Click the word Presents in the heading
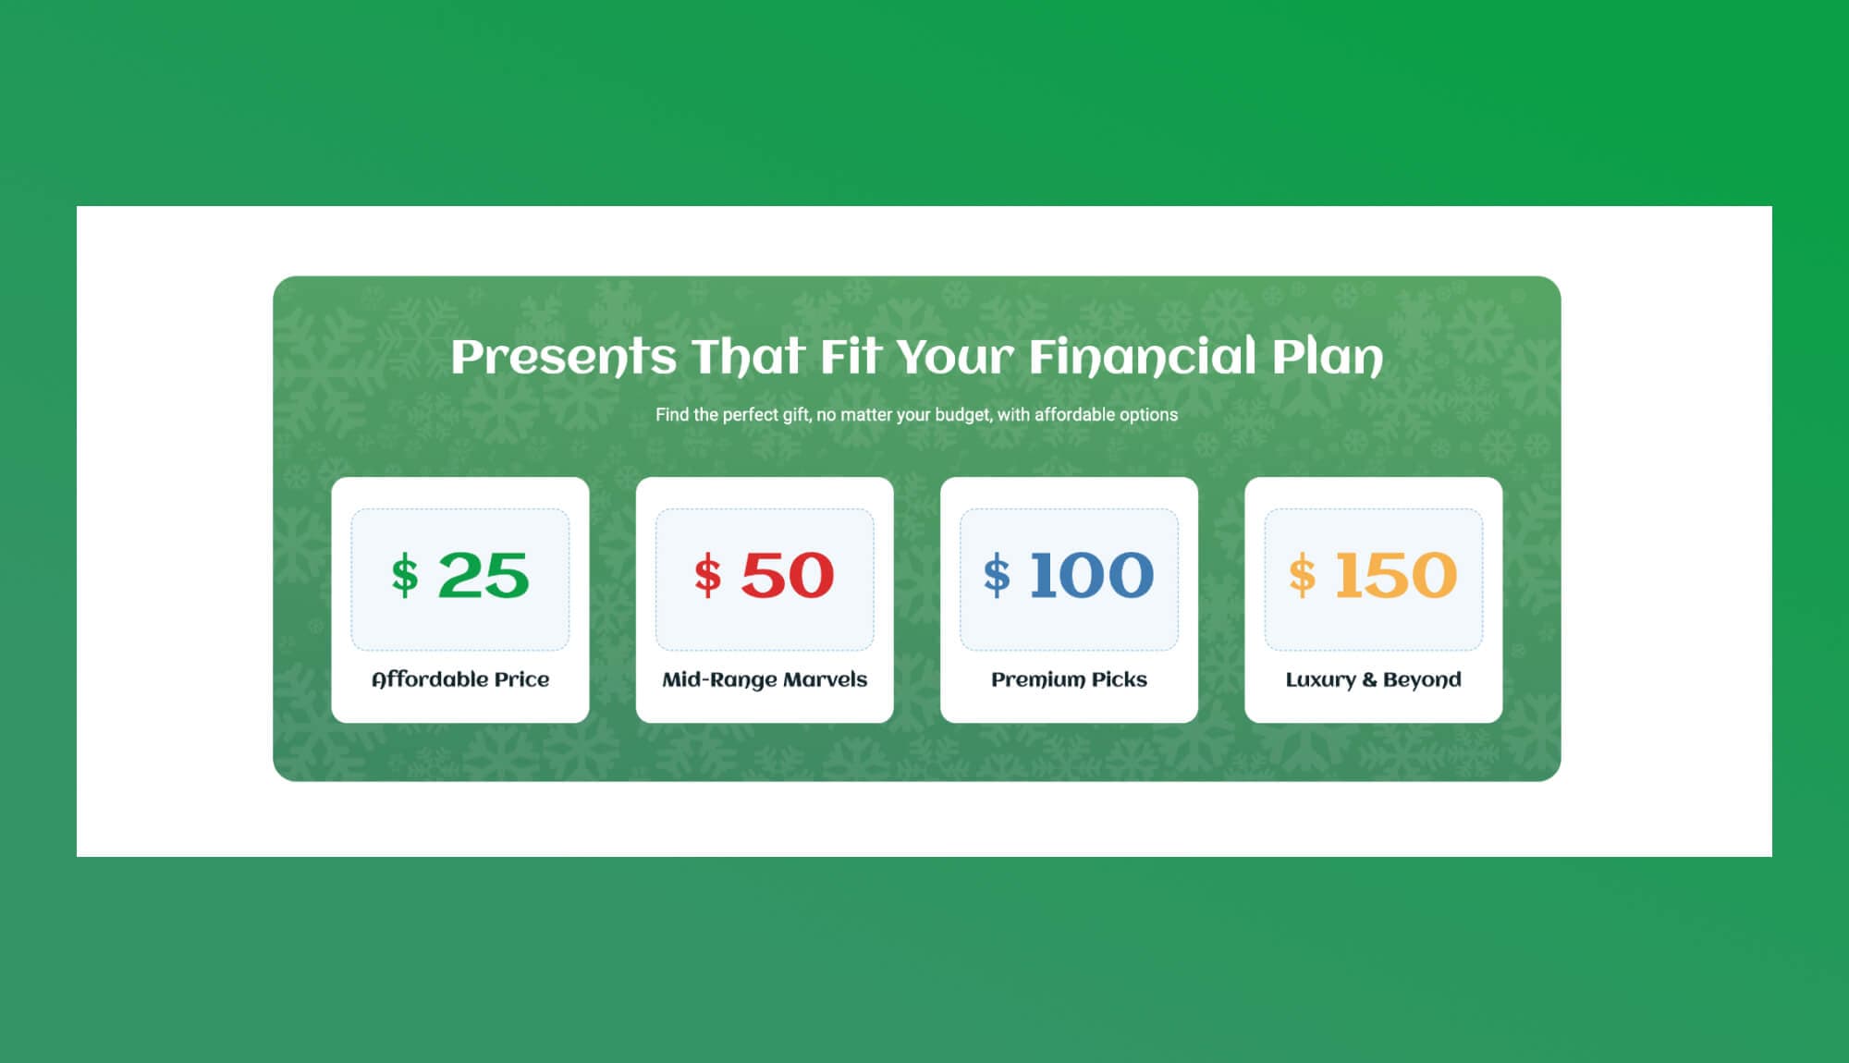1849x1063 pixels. pyautogui.click(x=563, y=357)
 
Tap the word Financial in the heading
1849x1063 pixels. pyautogui.click(x=1142, y=357)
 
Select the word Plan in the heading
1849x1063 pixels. pyautogui.click(x=1328, y=357)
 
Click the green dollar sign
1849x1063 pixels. pyautogui.click(x=405, y=576)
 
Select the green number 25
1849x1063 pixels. pyautogui.click(x=484, y=575)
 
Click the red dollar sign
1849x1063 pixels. pyautogui.click(x=708, y=576)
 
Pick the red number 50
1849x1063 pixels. pyautogui.click(x=788, y=575)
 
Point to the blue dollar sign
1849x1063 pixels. pyautogui.click(x=997, y=576)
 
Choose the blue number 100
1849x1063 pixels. pyautogui.click(x=1092, y=575)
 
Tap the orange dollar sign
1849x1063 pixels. pyautogui.click(x=1302, y=576)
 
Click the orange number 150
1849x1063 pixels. pyautogui.click(x=1396, y=575)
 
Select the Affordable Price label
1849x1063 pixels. pyautogui.click(x=460, y=679)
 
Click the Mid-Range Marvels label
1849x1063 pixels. pyautogui.click(x=765, y=679)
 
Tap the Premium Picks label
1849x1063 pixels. pyautogui.click(x=1069, y=679)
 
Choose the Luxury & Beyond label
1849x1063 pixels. pyautogui.click(x=1373, y=679)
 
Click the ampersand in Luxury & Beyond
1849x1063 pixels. pyautogui.click(x=1368, y=680)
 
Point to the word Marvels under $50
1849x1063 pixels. pyautogui.click(x=825, y=679)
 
